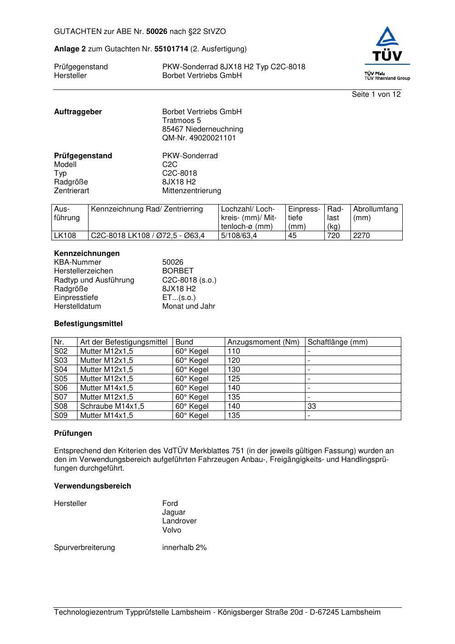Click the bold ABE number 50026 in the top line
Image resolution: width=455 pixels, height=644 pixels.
(157, 32)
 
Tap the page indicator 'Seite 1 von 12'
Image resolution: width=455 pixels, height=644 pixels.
(376, 94)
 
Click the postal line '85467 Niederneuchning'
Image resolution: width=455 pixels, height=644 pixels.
(202, 129)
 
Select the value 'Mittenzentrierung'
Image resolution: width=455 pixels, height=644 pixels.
(191, 191)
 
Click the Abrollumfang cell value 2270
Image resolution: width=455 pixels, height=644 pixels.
(361, 236)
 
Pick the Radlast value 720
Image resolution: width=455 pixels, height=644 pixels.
(333, 236)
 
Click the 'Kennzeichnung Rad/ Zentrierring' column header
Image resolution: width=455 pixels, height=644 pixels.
(147, 209)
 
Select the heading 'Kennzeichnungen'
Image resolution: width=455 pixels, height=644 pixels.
(87, 254)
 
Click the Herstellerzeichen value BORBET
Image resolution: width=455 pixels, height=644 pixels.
(178, 271)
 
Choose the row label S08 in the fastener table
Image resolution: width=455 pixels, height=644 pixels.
(61, 406)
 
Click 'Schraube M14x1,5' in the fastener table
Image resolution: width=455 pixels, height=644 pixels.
(112, 406)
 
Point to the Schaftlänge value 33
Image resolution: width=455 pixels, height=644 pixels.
(312, 406)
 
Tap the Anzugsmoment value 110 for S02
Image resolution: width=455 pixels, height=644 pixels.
(233, 351)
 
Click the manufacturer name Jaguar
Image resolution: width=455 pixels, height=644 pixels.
(173, 512)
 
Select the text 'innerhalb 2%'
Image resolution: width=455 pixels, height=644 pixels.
(184, 548)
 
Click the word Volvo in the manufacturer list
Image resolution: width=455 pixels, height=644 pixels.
(172, 530)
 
